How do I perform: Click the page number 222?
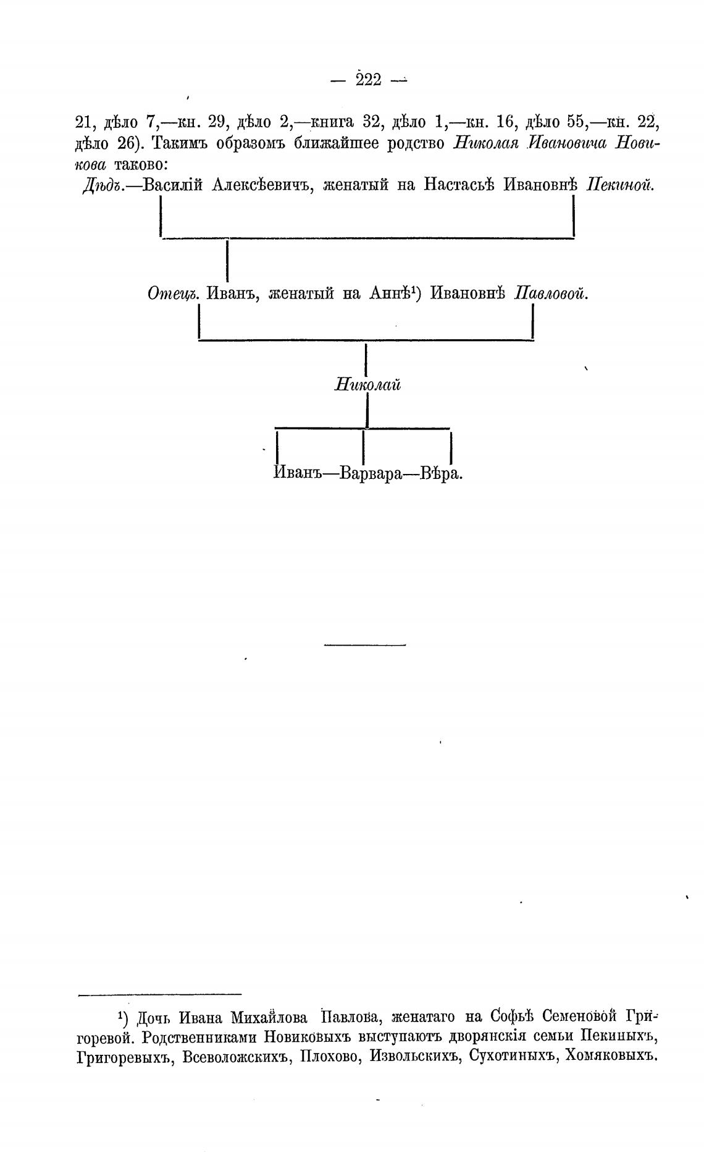(x=369, y=80)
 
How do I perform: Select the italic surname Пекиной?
(x=619, y=185)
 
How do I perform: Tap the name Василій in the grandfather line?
(x=174, y=185)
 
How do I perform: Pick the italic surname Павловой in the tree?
(x=551, y=294)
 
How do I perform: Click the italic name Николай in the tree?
(x=368, y=385)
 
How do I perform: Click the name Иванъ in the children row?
(x=296, y=475)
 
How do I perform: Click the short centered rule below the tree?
(x=365, y=646)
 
